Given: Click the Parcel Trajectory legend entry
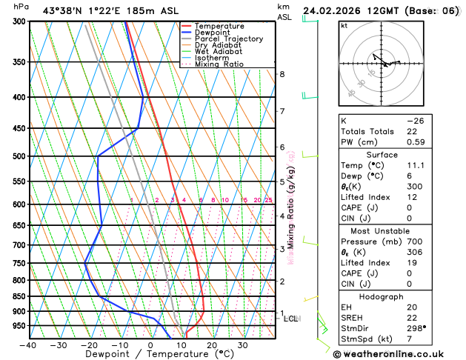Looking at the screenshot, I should point(228,39).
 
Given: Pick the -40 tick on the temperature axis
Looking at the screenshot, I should point(28,344).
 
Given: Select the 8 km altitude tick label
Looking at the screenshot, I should point(282,74).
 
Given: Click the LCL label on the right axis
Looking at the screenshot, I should point(291,319).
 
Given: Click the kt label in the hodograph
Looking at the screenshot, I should point(344,26).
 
